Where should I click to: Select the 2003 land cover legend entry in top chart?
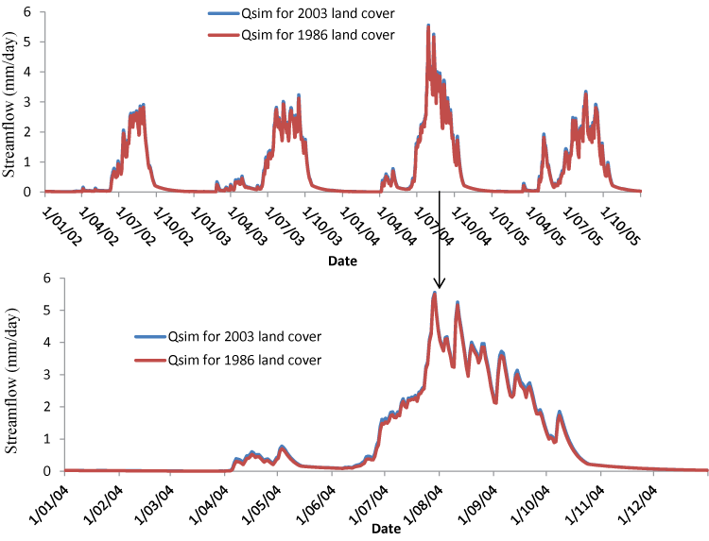click(x=298, y=13)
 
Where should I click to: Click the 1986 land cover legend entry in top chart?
click(x=298, y=34)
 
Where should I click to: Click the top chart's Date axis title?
click(x=343, y=260)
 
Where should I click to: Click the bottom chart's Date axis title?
click(x=385, y=530)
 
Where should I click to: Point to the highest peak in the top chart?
click(x=428, y=25)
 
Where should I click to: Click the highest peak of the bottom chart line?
click(x=434, y=293)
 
